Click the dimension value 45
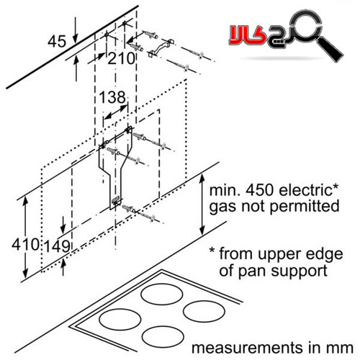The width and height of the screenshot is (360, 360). tap(57, 41)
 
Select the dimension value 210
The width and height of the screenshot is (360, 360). tap(122, 58)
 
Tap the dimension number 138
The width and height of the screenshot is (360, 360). tap(112, 97)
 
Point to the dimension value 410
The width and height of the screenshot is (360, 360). tap(25, 245)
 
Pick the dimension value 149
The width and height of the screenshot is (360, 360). tap(57, 246)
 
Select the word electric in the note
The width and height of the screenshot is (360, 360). tap(307, 190)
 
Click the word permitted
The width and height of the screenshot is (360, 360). tap(305, 206)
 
